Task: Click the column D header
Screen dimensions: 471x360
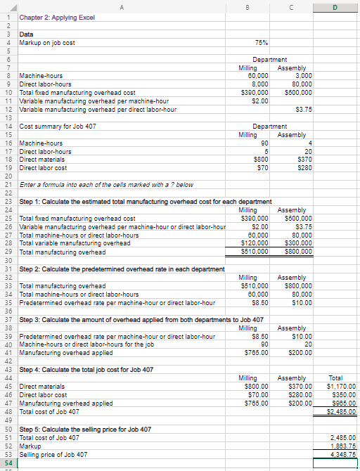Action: click(342, 8)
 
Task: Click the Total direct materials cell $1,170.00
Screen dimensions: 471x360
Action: click(342, 387)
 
